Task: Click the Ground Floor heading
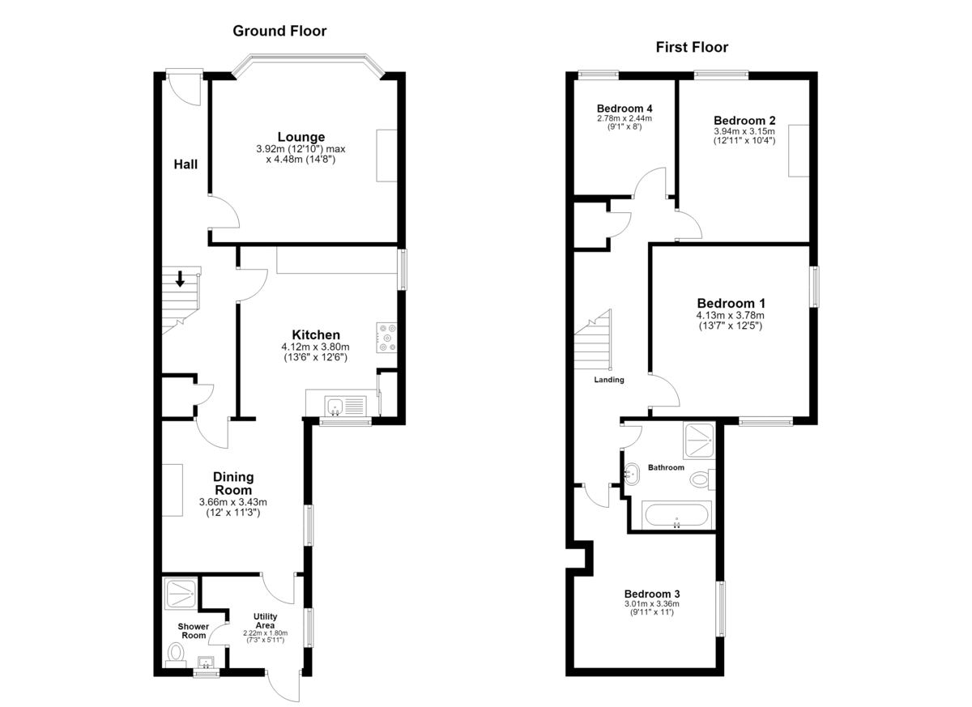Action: pos(279,31)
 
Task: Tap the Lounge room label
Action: pos(301,137)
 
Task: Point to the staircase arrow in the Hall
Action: pos(180,279)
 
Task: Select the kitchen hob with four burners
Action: pos(386,338)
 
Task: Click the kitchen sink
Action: pos(345,407)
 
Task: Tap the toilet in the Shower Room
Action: pos(177,655)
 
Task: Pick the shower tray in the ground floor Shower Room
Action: pos(181,594)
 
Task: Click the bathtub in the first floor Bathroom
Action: pos(676,515)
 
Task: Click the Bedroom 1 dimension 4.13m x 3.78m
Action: pos(731,315)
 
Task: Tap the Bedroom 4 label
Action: pos(625,108)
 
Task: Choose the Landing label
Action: pos(609,380)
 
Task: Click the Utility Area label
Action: pos(265,620)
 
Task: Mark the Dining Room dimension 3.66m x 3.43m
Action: pos(233,502)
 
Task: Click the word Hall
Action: pos(185,164)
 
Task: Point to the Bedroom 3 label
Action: pos(652,594)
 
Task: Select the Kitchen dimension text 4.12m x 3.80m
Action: pos(315,347)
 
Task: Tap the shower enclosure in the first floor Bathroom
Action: pos(698,441)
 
